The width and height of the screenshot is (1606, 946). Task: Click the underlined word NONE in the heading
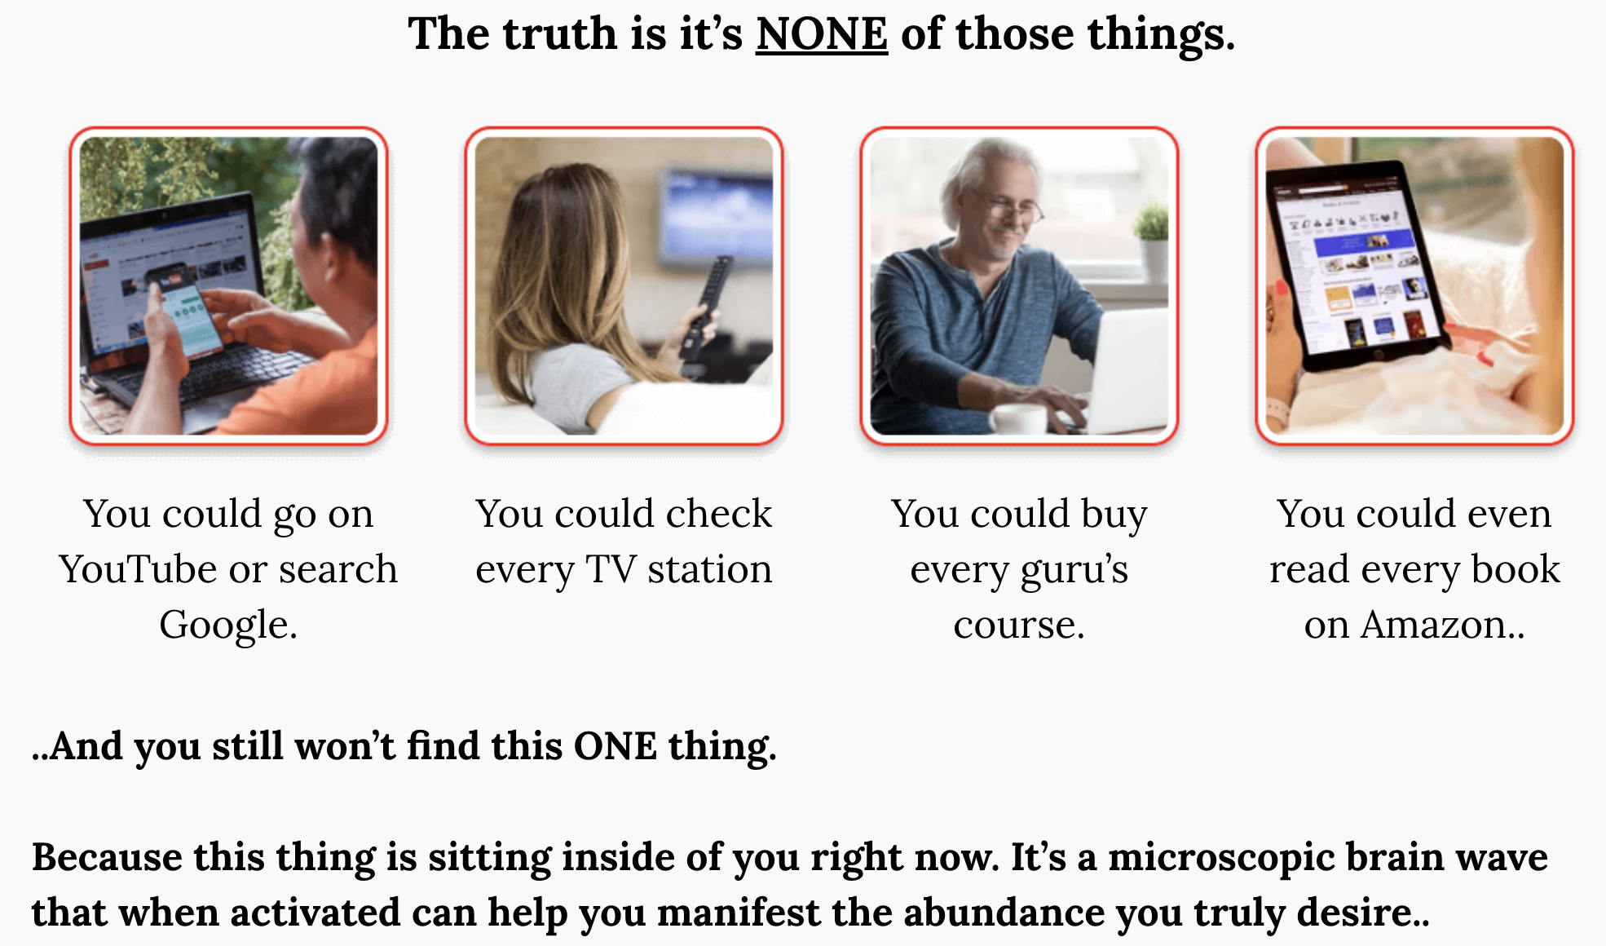821,34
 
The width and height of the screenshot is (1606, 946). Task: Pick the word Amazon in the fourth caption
1433,625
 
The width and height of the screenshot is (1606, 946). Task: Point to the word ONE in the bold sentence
615,746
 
